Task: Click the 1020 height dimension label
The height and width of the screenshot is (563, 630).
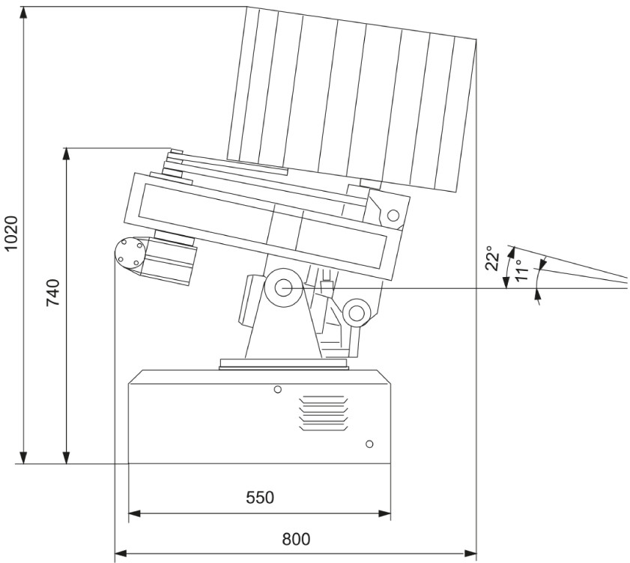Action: point(12,233)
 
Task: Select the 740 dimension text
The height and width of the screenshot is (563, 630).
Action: point(53,293)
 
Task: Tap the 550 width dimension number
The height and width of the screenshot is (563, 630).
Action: point(260,498)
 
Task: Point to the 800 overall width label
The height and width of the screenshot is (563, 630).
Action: point(296,539)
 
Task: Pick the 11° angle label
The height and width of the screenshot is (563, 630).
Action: point(521,270)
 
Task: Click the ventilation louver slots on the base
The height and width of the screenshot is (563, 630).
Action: point(324,413)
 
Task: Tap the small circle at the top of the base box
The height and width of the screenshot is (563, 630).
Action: point(277,389)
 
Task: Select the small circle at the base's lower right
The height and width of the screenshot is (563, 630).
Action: point(369,444)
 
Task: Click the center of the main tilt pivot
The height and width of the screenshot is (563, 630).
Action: point(284,288)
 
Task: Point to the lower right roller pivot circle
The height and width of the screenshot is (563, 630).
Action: point(356,313)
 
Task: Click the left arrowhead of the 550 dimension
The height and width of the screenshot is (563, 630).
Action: point(134,514)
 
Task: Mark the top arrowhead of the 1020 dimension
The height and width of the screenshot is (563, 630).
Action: point(24,13)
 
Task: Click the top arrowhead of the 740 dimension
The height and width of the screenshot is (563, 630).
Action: point(67,154)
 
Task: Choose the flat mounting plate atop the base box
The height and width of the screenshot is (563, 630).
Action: point(285,364)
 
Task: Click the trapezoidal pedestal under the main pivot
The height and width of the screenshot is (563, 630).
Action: point(284,329)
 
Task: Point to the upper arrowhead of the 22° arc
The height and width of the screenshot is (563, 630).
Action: point(511,252)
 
